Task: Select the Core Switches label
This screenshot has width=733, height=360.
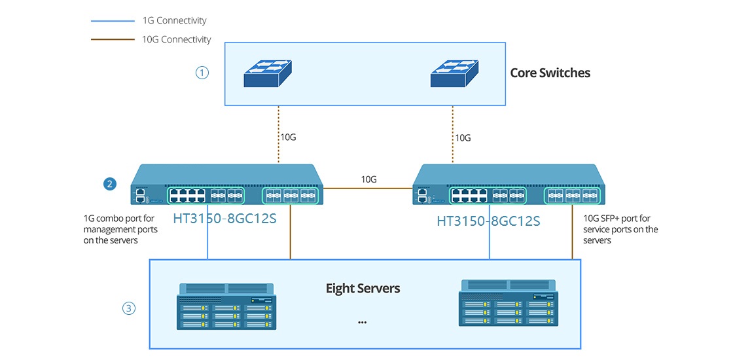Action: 550,73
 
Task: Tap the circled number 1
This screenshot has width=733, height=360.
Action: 202,73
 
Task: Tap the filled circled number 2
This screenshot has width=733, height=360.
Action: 111,184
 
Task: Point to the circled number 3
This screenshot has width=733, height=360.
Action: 129,308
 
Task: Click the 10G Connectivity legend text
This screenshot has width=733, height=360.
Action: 176,39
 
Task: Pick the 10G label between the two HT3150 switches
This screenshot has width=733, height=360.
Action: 369,179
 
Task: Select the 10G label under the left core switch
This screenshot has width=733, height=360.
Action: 289,138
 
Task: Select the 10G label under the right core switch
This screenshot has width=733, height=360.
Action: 463,138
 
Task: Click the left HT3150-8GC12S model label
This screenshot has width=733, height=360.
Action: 224,218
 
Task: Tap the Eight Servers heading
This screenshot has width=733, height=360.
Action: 363,288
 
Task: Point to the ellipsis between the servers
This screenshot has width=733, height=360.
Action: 363,322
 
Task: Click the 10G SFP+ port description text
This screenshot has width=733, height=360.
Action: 620,229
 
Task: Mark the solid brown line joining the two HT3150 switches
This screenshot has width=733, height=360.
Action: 369,189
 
